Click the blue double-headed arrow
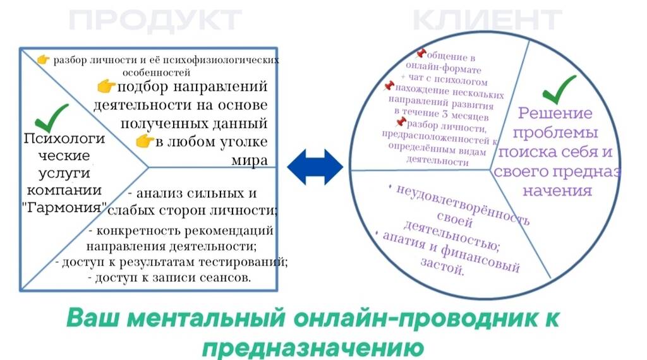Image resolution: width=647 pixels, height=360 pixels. click(315, 167)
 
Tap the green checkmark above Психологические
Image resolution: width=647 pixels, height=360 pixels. click(51, 118)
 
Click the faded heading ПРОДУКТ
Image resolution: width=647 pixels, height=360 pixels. click(155, 20)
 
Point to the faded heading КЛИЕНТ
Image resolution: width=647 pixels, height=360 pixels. click(487, 20)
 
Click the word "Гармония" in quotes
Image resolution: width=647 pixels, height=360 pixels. click(64, 207)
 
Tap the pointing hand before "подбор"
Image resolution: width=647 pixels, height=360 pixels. click(106, 86)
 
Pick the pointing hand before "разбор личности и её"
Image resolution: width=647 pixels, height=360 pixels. click(43, 60)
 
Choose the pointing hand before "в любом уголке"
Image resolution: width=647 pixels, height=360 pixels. click(145, 141)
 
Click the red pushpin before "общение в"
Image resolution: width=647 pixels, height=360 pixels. click(421, 53)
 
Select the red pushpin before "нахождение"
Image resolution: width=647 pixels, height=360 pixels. click(389, 86)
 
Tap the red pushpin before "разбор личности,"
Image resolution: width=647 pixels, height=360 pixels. click(400, 122)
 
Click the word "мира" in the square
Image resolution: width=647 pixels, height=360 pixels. click(249, 160)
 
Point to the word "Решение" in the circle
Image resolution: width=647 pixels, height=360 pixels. click(555, 112)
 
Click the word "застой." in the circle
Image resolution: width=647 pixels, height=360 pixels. click(442, 267)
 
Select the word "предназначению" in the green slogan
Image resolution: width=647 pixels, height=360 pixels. click(313, 347)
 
